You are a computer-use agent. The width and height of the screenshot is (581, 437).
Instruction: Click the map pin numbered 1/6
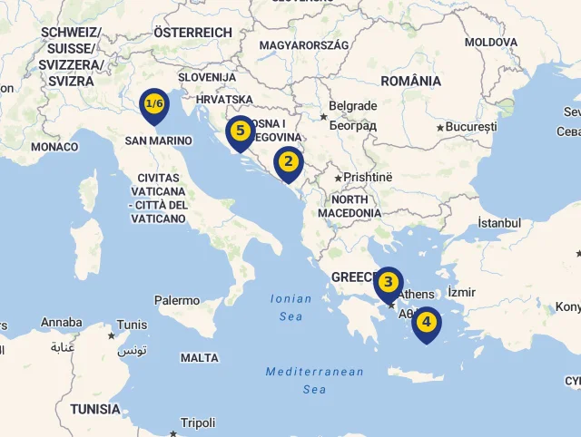(154, 104)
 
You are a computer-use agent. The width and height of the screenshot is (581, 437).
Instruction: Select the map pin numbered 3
(389, 283)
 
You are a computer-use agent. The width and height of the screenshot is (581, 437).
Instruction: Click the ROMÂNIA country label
(411, 81)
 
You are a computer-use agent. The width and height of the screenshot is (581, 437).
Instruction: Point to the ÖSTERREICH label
(192, 33)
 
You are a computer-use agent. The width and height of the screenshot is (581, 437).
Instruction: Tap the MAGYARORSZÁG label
(304, 44)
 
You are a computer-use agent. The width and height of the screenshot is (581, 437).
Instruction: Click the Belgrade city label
(352, 106)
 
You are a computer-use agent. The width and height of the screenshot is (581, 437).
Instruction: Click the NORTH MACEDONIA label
(350, 206)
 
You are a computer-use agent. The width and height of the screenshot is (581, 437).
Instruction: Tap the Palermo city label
(177, 300)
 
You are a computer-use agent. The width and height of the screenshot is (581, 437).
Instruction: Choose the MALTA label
(200, 358)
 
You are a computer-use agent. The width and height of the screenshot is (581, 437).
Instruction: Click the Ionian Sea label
(291, 307)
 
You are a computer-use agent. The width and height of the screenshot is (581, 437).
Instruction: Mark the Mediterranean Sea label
(314, 380)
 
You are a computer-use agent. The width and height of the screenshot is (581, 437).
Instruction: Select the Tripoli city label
(198, 422)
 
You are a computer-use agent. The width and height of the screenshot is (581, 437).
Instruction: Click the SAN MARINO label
(159, 141)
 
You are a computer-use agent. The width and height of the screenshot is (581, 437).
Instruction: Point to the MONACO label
(54, 147)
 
